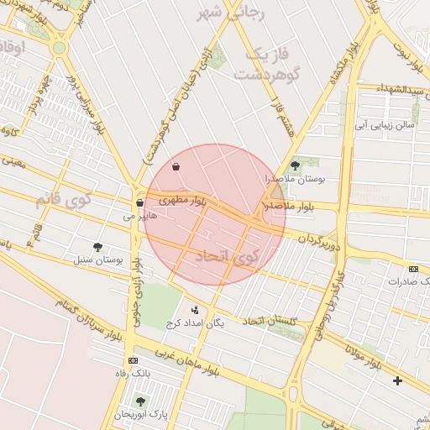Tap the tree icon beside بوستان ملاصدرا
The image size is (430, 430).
pyautogui.click(x=294, y=165)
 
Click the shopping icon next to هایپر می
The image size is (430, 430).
pyautogui.click(x=139, y=202)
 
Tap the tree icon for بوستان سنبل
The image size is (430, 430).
pyautogui.click(x=98, y=247)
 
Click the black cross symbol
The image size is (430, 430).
pyautogui.click(x=397, y=381)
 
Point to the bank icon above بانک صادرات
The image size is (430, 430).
pyautogui.click(x=413, y=269)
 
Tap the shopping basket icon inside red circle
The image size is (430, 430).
pyautogui.click(x=176, y=166)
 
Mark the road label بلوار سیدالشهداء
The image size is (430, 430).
pyautogui.click(x=393, y=89)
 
